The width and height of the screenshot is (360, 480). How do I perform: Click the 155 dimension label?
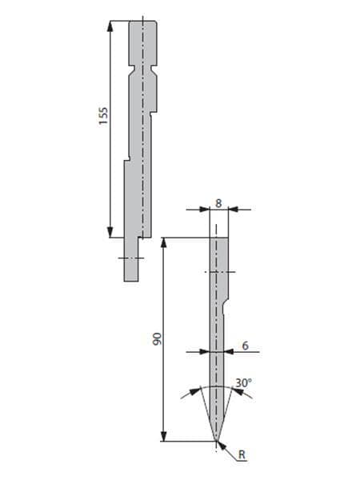104,116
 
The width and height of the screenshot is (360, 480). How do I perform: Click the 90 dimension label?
157,339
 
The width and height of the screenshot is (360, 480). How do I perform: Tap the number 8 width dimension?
218,203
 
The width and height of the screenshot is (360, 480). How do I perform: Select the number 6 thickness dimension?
246,346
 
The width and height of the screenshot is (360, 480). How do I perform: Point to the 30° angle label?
244,382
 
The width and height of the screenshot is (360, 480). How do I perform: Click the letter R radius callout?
242,454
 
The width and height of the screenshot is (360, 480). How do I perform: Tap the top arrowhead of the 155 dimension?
110,26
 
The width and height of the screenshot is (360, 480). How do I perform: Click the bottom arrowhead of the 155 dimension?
110,232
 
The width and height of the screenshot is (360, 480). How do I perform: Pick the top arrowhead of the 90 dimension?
164,242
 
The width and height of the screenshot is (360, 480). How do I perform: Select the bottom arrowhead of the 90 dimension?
164,436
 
